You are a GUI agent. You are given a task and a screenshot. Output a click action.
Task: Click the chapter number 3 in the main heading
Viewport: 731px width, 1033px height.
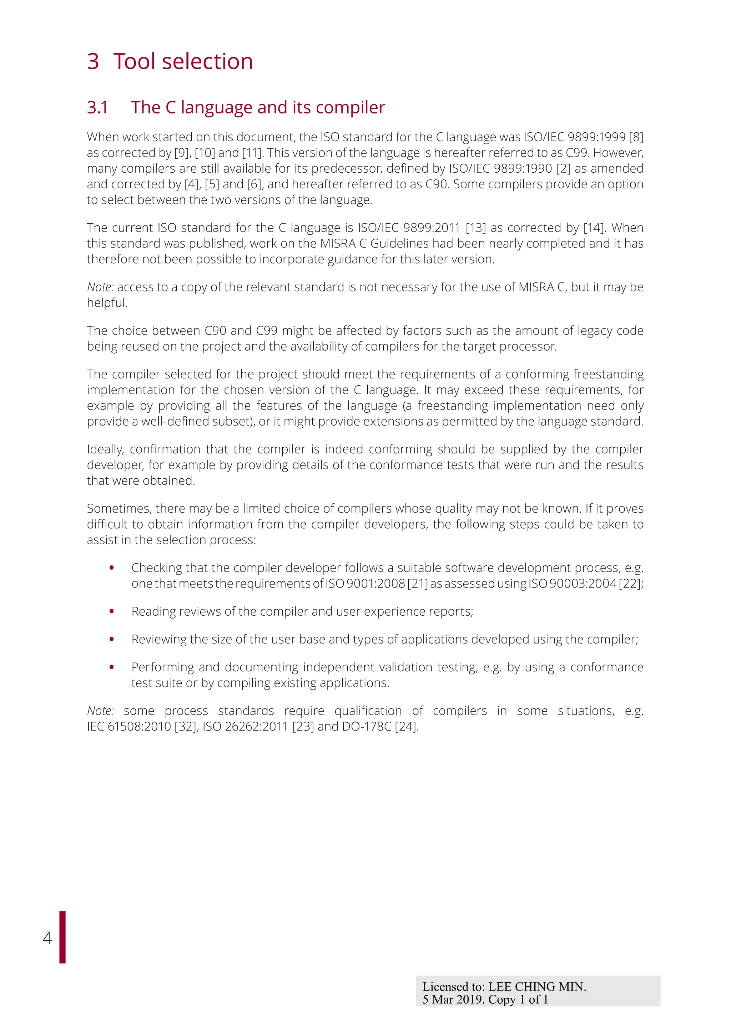tap(93, 61)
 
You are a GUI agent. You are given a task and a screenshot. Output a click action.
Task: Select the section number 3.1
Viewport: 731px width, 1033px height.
tap(97, 107)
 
